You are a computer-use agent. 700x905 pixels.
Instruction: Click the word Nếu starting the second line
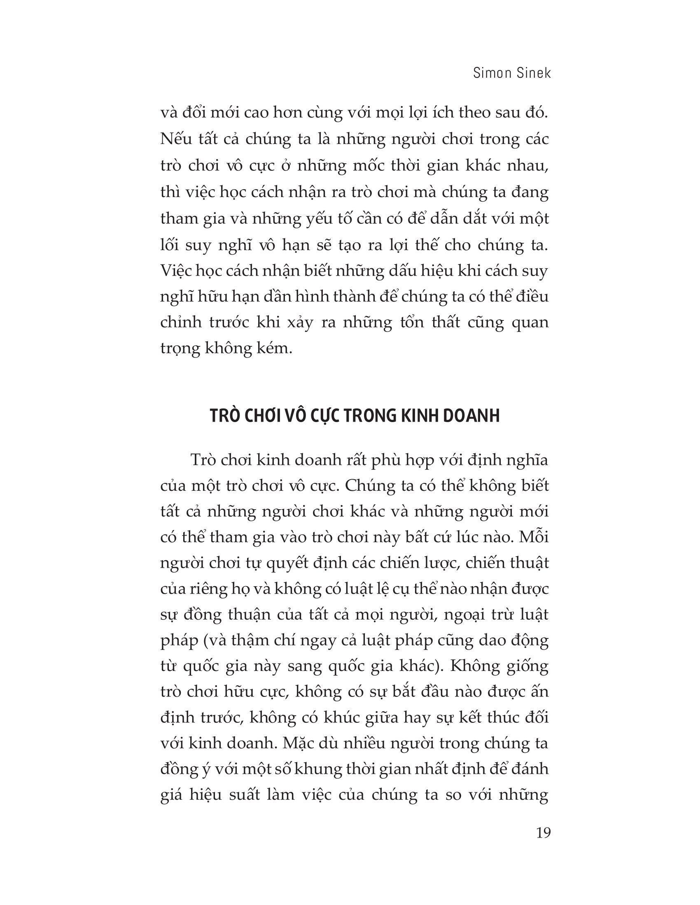173,139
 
